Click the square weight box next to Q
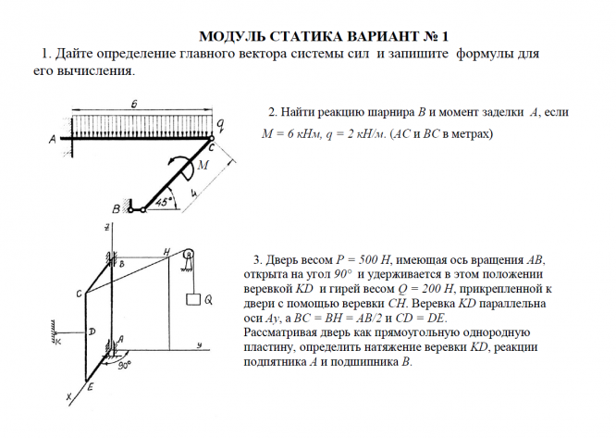tap(192, 300)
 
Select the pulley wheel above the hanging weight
tap(189, 254)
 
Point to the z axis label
tap(108, 227)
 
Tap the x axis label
tap(68, 398)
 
